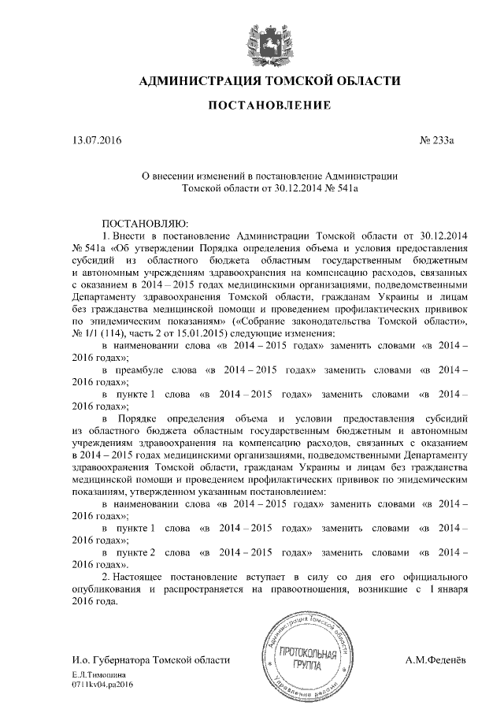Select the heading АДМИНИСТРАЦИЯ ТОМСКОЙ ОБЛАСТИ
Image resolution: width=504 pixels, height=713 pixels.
pyautogui.click(x=269, y=81)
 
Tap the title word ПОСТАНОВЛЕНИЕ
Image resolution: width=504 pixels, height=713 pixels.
pyautogui.click(x=269, y=106)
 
